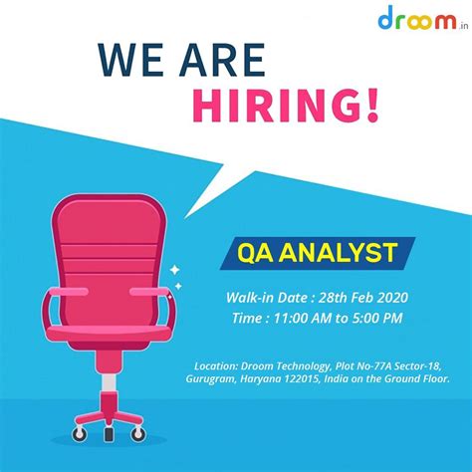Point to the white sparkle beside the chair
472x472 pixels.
point(174,270)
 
